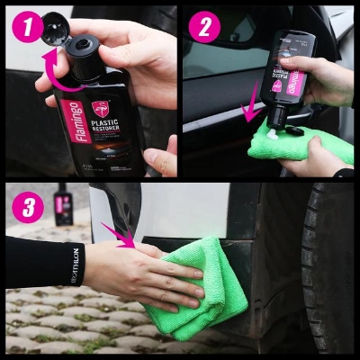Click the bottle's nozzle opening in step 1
(x=89, y=44)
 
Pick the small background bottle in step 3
(x=64, y=205)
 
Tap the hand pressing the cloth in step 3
(x=135, y=274)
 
